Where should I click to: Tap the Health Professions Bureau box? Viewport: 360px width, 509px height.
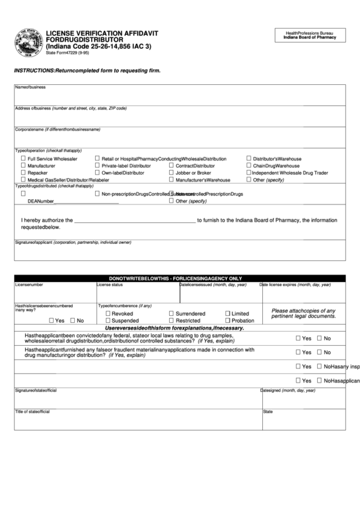pos(310,36)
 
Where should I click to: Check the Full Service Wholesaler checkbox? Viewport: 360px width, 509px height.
pos(24,158)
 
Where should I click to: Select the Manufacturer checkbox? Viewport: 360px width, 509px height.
pos(24,166)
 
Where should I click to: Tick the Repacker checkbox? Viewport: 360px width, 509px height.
pos(24,173)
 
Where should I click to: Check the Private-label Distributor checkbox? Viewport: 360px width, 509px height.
pos(98,166)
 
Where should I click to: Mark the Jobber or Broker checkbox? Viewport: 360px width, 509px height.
pos(171,173)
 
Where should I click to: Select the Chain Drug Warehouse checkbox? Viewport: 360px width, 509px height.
pos(249,166)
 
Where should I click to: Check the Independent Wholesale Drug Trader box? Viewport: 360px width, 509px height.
pos(249,173)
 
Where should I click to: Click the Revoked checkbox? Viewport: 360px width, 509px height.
pos(108,313)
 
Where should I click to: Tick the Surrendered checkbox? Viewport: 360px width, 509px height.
pos(171,313)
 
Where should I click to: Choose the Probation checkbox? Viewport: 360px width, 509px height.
pos(227,320)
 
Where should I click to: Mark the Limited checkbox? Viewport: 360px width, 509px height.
pos(227,313)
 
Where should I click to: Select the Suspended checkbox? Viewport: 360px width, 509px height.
pos(108,320)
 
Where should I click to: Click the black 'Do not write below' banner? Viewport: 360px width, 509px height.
pos(180,278)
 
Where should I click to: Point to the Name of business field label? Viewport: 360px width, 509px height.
pos(31,88)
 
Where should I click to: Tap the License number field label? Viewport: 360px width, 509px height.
pos(29,285)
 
